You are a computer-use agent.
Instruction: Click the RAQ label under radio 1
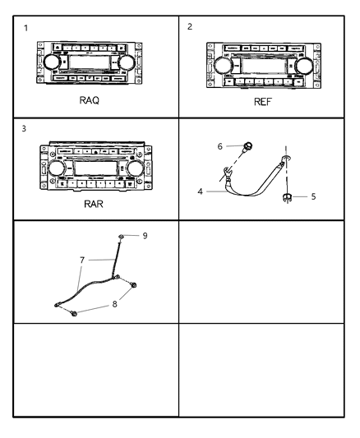pyautogui.click(x=89, y=100)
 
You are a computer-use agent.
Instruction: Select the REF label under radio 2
pyautogui.click(x=262, y=102)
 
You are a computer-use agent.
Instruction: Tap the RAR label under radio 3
pyautogui.click(x=94, y=204)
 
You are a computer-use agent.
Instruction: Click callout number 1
pyautogui.click(x=26, y=28)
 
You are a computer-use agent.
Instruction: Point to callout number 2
pyautogui.click(x=190, y=26)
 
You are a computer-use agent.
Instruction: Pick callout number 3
pyautogui.click(x=24, y=129)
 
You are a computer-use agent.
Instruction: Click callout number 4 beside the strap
pyautogui.click(x=200, y=191)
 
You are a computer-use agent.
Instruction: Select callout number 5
pyautogui.click(x=313, y=196)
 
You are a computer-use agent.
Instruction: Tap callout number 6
pyautogui.click(x=219, y=146)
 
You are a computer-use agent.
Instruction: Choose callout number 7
pyautogui.click(x=82, y=260)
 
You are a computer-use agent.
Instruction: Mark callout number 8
pyautogui.click(x=114, y=304)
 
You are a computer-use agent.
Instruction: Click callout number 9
pyautogui.click(x=145, y=236)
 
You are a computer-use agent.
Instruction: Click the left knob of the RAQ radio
pyautogui.click(x=52, y=62)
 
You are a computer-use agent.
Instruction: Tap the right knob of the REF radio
pyautogui.click(x=304, y=67)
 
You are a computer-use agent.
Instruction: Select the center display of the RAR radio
pyautogui.click(x=96, y=168)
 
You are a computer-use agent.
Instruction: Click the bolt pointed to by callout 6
pyautogui.click(x=247, y=145)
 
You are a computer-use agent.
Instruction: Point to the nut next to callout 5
pyautogui.click(x=287, y=197)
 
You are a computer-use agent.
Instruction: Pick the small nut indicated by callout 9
pyautogui.click(x=121, y=237)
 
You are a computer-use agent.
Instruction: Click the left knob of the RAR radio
pyautogui.click(x=57, y=168)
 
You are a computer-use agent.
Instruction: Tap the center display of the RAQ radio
pyautogui.click(x=89, y=62)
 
